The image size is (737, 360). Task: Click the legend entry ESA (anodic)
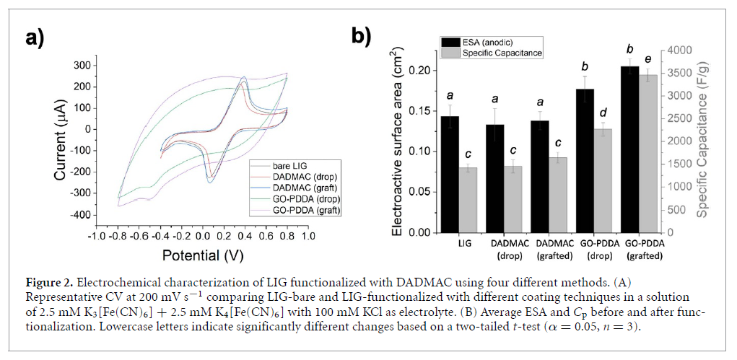[487, 41]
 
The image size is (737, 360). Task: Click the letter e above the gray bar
[649, 59]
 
